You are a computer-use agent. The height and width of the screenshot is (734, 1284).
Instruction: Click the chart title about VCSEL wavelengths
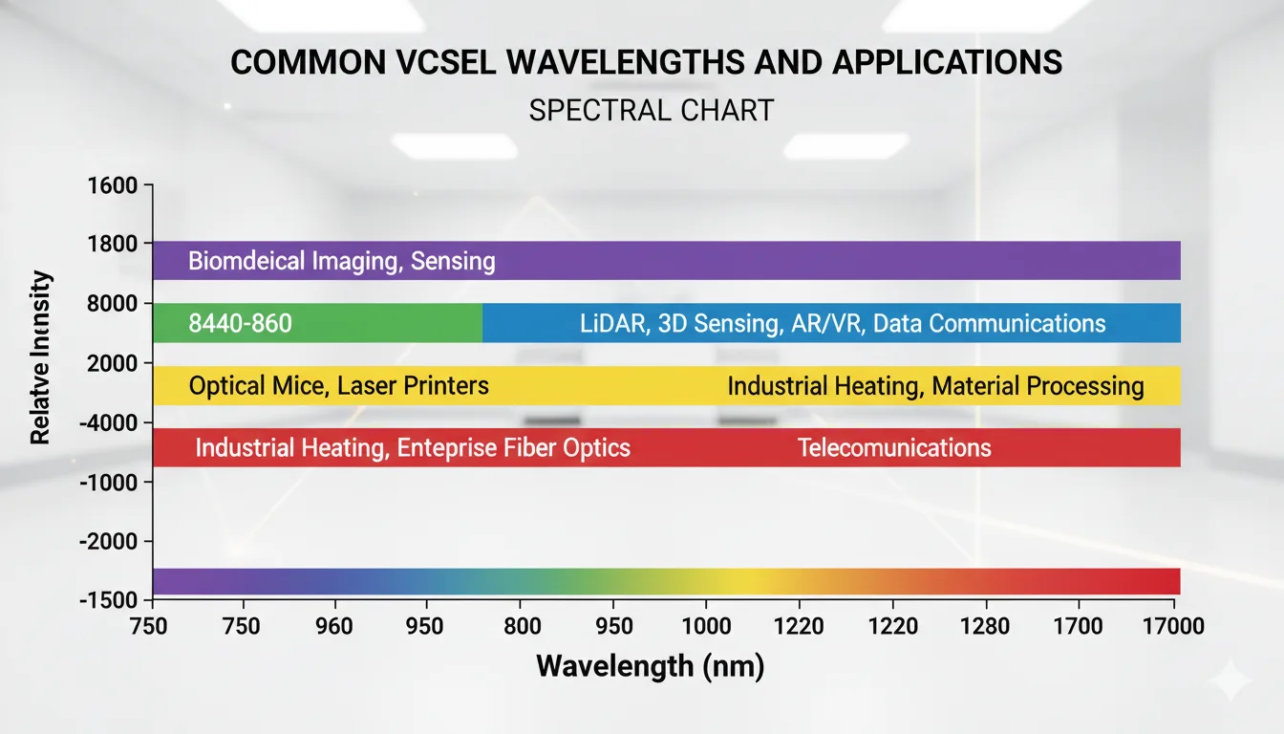(x=647, y=63)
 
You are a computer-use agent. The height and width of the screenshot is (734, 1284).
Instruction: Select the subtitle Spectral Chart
(x=651, y=110)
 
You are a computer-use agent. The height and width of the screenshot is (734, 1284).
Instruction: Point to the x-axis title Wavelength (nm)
(x=651, y=665)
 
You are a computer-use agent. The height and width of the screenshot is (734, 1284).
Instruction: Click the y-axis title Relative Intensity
(x=39, y=358)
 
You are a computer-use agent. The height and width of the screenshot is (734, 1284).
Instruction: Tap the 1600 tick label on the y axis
(x=112, y=185)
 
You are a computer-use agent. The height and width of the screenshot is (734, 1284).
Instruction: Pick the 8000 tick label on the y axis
(x=112, y=304)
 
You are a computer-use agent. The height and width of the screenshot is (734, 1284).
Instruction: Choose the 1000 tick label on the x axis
(x=705, y=627)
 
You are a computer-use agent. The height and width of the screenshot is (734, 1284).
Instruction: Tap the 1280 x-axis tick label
(x=984, y=627)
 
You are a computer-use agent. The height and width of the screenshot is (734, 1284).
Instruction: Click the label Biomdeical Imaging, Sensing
(x=341, y=261)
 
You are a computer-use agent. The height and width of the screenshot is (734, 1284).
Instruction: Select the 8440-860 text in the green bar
(x=240, y=324)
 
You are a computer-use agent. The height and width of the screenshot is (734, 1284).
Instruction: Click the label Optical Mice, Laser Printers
(x=338, y=386)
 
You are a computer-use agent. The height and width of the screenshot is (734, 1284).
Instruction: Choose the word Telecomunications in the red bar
(x=894, y=447)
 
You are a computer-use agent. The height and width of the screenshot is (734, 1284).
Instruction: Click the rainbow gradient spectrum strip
(x=666, y=581)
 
